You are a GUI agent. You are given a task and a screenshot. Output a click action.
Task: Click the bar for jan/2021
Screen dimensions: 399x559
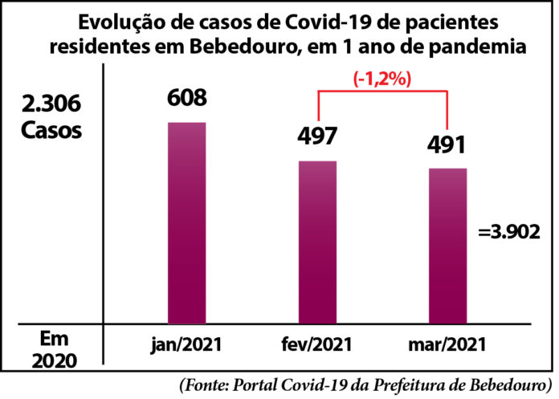186,223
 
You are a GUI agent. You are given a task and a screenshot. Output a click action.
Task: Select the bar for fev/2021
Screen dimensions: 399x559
317,242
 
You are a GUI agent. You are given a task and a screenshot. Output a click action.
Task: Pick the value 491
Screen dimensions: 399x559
447,146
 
